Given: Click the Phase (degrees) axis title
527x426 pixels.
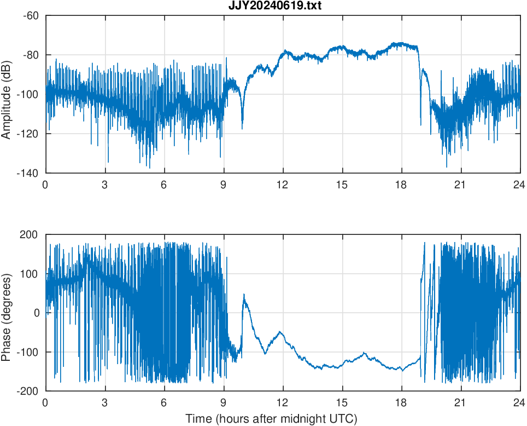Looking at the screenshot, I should (7, 313).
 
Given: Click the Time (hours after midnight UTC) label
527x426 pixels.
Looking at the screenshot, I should (271, 419).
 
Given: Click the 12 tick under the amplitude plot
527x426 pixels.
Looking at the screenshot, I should (283, 185).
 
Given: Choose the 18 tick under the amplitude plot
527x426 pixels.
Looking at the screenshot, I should (402, 185).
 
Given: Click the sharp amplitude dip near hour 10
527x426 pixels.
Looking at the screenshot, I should (243, 128).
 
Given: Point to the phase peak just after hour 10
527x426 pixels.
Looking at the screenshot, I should (244, 295).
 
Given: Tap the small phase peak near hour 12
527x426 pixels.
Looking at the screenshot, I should (280, 332).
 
